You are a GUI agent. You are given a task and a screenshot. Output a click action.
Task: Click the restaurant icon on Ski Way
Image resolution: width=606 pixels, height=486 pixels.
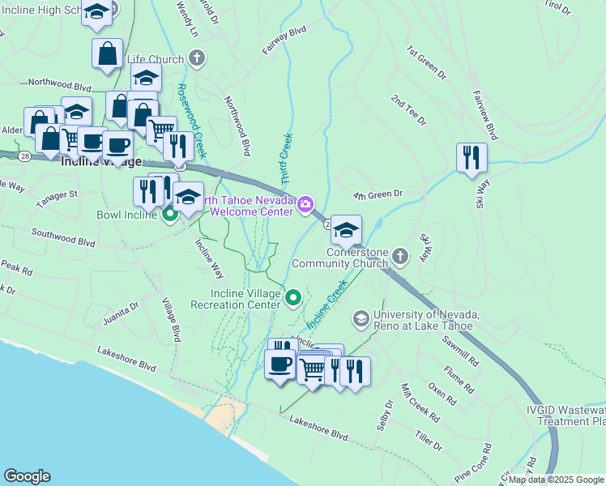click(472, 157)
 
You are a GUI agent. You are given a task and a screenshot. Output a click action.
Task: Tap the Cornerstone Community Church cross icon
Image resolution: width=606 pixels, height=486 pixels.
click(399, 257)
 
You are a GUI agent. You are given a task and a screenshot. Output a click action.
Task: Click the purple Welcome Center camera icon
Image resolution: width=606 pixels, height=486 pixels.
click(306, 204)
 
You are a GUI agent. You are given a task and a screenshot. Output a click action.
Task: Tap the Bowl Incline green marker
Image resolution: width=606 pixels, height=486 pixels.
click(170, 215)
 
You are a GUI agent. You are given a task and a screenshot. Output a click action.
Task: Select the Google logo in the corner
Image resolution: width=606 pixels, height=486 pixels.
click(27, 476)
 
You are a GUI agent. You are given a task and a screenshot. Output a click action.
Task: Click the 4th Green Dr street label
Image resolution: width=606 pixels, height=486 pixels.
click(378, 195)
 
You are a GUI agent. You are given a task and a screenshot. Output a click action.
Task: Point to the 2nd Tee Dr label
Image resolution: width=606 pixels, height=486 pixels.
click(408, 110)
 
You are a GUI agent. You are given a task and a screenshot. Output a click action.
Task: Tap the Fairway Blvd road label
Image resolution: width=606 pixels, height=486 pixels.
click(284, 40)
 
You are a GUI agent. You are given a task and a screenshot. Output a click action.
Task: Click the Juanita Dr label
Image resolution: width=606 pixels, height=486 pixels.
click(122, 313)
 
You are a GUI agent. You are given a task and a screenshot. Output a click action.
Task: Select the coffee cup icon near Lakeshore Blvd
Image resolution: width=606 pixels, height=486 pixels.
click(280, 364)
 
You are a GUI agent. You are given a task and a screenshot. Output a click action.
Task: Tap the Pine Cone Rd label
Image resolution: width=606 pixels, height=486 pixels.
click(473, 459)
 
